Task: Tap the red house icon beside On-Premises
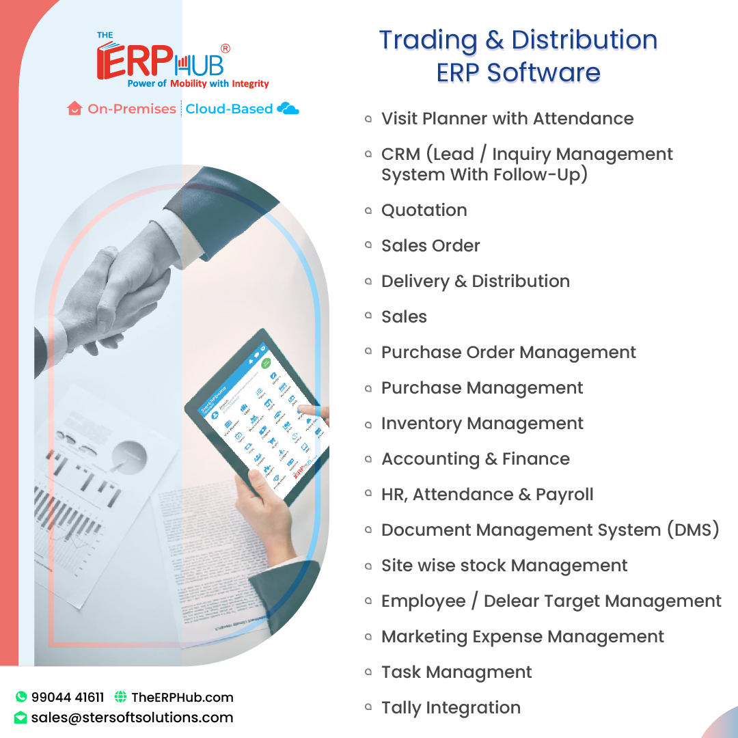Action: point(74,109)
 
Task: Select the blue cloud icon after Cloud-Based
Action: point(288,109)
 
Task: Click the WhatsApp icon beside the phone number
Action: point(21,697)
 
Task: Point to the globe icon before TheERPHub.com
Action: point(121,697)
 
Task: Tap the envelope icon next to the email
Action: point(21,717)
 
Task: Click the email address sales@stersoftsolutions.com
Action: point(132,717)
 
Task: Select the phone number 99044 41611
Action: point(68,697)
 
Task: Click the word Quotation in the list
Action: point(424,210)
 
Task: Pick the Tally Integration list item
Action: point(450,708)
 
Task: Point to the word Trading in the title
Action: point(428,41)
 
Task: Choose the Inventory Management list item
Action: point(482,424)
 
